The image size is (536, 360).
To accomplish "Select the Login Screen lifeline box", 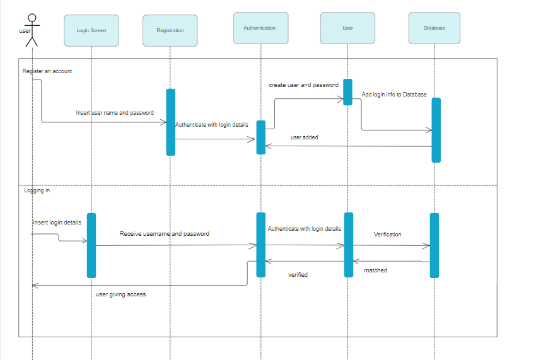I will point(91,30).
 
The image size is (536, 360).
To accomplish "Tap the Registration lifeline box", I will point(170,30).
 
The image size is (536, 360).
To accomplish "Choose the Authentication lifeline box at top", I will point(260,28).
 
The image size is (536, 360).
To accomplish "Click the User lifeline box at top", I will point(347,28).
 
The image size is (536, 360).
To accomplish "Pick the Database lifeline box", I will point(434,28).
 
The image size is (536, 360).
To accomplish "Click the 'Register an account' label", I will point(47,71).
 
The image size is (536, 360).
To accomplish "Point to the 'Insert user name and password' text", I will point(115,113).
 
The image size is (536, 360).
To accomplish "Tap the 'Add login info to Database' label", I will point(394,95).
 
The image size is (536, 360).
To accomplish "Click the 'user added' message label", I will point(304,137).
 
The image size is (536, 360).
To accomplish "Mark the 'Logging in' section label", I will point(37,190).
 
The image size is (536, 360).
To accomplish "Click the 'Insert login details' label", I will point(57,223).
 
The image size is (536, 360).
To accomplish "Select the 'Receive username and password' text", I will point(164,233).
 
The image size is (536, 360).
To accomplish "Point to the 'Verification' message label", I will point(387,234).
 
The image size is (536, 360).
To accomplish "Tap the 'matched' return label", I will point(376,270).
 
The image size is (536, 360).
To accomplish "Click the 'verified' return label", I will point(298,275).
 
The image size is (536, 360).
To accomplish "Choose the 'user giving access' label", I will point(120,294).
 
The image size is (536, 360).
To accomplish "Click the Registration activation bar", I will point(170,122).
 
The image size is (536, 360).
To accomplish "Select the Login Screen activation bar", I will point(91,245).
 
